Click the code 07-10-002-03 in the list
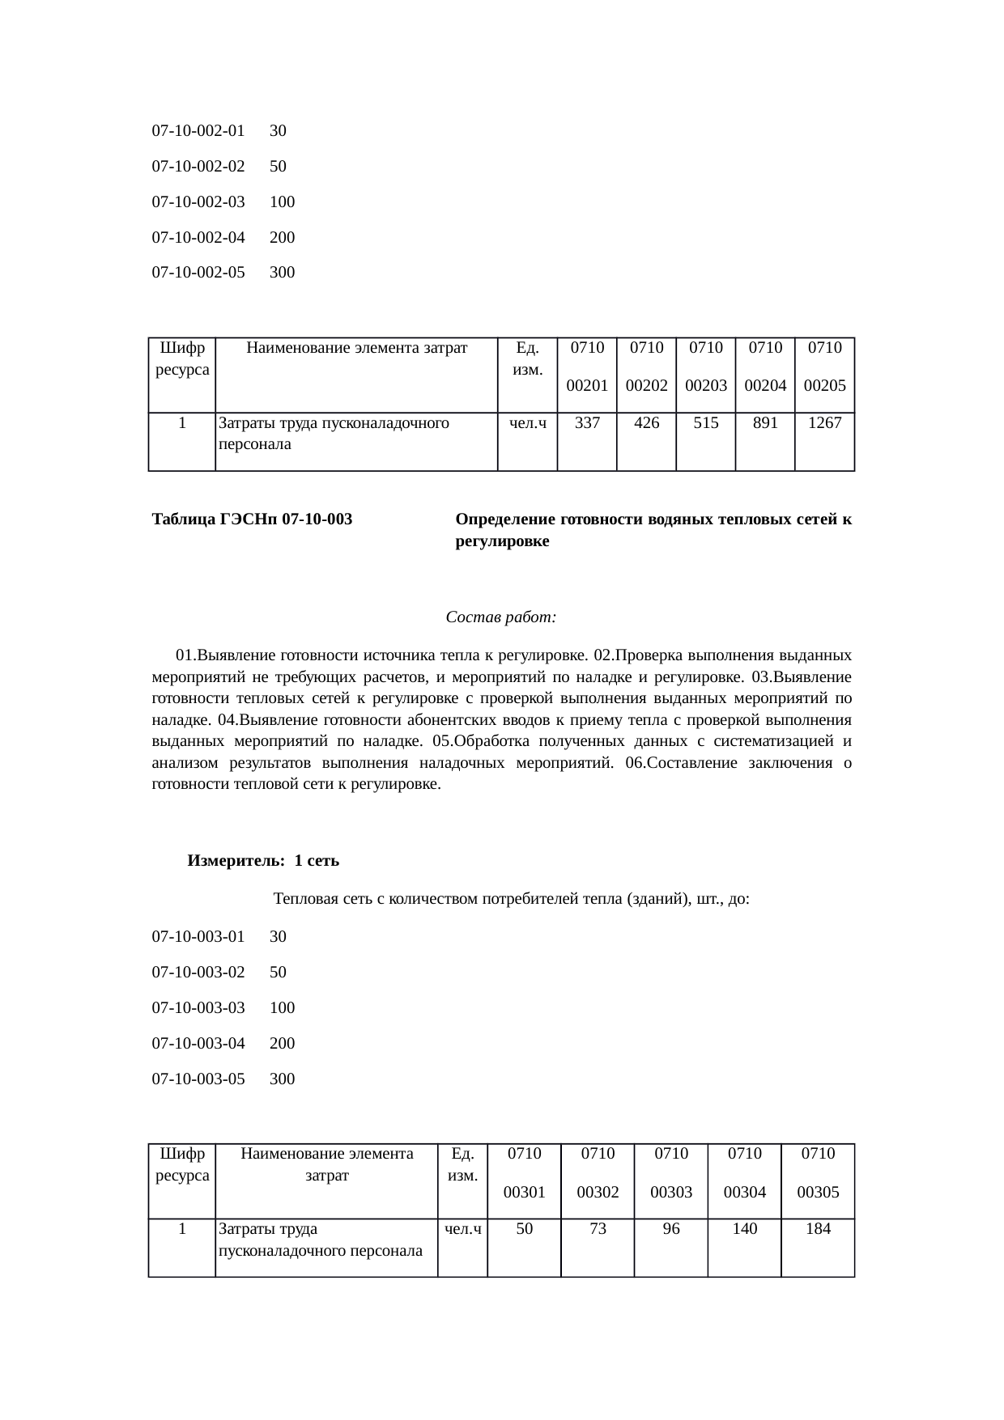[x=198, y=201]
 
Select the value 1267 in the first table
[x=824, y=422]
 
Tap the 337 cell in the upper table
[x=587, y=422]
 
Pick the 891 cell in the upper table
[x=765, y=422]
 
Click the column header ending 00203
[x=706, y=367]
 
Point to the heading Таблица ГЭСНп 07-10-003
[x=252, y=519]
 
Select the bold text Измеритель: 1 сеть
[x=263, y=861]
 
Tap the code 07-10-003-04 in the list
[x=198, y=1043]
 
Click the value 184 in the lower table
[x=818, y=1228]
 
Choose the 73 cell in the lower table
[x=598, y=1228]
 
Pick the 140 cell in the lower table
[x=744, y=1228]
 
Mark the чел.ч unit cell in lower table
[x=462, y=1229]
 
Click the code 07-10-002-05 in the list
[x=198, y=273]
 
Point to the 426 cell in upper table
[x=646, y=422]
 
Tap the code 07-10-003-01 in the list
[x=198, y=937]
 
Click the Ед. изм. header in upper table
[x=527, y=358]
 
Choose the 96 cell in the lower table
[x=670, y=1228]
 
